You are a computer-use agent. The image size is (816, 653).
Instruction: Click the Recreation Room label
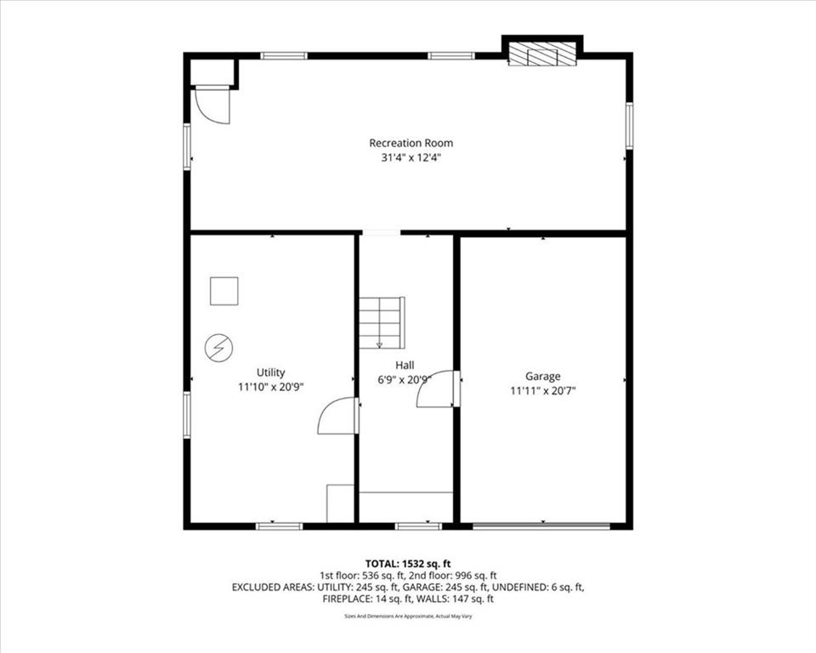pyautogui.click(x=411, y=143)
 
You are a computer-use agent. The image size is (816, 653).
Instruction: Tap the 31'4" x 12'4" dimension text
pyautogui.click(x=411, y=158)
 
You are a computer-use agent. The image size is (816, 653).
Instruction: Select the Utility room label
pyautogui.click(x=270, y=372)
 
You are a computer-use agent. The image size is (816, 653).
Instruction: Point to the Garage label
pyautogui.click(x=543, y=376)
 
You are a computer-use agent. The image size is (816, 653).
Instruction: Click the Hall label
pyautogui.click(x=405, y=365)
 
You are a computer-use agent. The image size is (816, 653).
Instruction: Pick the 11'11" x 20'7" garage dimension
pyautogui.click(x=543, y=390)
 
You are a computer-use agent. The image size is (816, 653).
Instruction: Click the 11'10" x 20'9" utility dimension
pyautogui.click(x=270, y=387)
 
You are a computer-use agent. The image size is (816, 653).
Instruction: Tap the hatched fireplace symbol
pyautogui.click(x=542, y=54)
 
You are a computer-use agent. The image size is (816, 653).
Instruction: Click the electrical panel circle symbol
pyautogui.click(x=218, y=347)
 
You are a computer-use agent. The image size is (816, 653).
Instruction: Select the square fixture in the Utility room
pyautogui.click(x=224, y=291)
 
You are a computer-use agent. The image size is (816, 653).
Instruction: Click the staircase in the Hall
pyautogui.click(x=382, y=322)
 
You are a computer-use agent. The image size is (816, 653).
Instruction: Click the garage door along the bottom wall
pyautogui.click(x=541, y=526)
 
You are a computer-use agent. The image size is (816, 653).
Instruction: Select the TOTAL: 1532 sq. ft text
pyautogui.click(x=408, y=564)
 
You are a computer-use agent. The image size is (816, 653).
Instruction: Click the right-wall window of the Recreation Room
pyautogui.click(x=629, y=126)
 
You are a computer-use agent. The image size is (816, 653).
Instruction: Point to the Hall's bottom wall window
pyautogui.click(x=418, y=526)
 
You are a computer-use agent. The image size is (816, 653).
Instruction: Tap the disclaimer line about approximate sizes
pyautogui.click(x=408, y=616)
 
